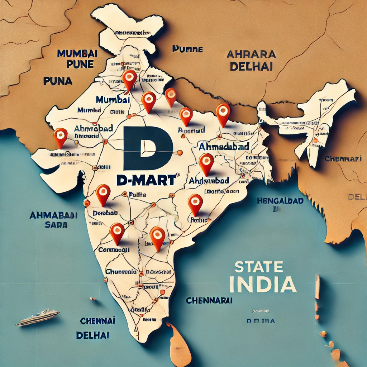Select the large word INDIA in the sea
coord(262,283)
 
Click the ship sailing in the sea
coord(38,317)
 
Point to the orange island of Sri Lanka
coord(180,344)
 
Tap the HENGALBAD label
coord(280,201)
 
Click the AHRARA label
coord(251,54)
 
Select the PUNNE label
coord(187,49)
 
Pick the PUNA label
coord(58,81)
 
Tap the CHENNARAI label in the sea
coord(209,300)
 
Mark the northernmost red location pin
coord(129,77)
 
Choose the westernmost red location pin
coord(60,136)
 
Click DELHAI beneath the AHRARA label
coord(251,66)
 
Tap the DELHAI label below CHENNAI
coord(93,335)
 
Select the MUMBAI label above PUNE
coord(77,54)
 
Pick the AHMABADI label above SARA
coord(53,216)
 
